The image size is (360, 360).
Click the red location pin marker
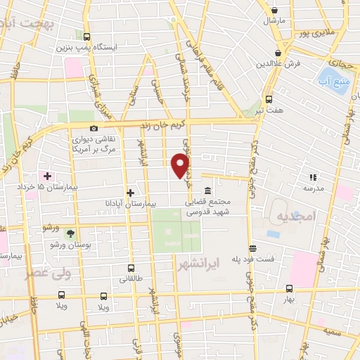click(x=181, y=165)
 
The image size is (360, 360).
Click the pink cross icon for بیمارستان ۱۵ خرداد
click(x=47, y=175)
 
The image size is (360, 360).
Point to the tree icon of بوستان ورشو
click(x=70, y=233)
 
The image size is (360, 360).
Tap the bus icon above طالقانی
click(x=131, y=268)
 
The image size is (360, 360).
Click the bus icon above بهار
click(x=289, y=288)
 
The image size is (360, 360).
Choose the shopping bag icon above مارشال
click(x=275, y=11)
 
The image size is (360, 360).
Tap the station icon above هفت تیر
click(x=269, y=99)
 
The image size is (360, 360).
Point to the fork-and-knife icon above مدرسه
click(x=313, y=178)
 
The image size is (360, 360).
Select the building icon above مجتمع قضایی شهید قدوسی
click(x=207, y=191)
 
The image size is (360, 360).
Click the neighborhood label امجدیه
click(x=292, y=215)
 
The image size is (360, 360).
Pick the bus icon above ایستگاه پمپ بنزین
click(x=86, y=37)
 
